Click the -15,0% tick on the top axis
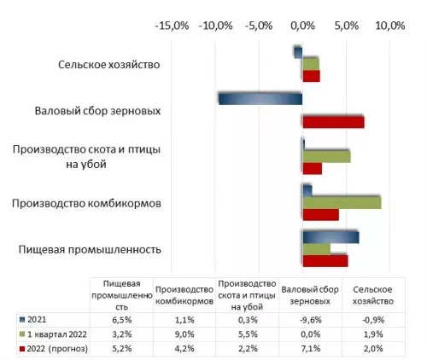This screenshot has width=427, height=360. tap(171, 26)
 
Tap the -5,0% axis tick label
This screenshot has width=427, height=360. tap(259, 26)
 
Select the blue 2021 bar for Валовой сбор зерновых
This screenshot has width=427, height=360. tap(260, 98)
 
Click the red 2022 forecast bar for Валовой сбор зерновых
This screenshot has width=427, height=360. tap(333, 121)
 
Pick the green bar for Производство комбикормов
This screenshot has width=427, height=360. tap(342, 202)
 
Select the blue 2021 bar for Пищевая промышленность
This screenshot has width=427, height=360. tap(330, 236)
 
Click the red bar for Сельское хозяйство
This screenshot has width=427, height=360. tap(311, 76)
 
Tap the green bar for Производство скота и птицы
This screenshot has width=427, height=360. tap(326, 156)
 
